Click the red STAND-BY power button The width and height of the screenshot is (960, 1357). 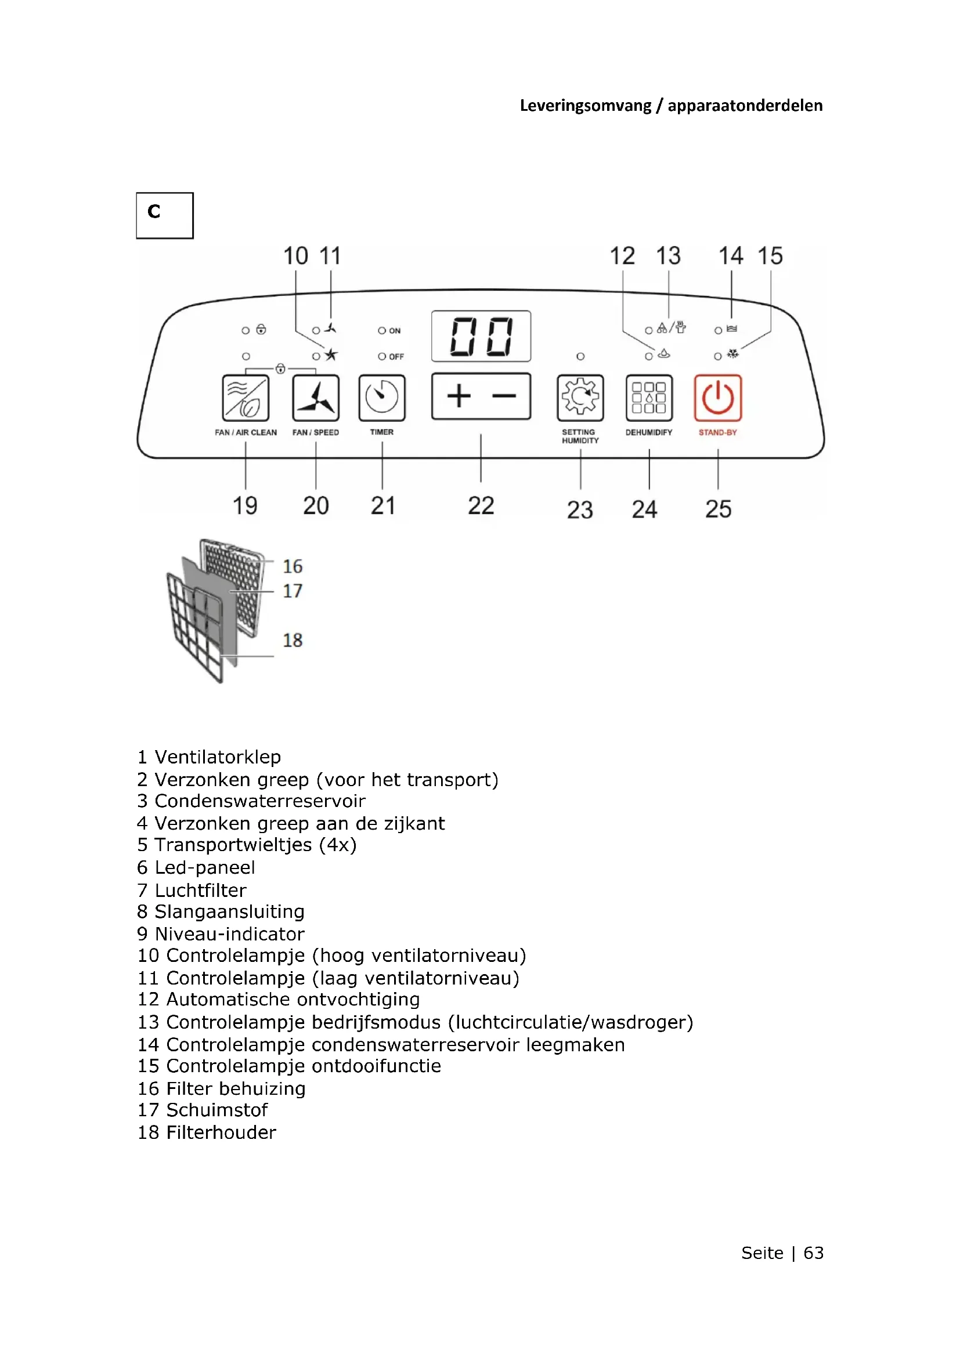[717, 397]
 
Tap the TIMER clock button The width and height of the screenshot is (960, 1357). [382, 397]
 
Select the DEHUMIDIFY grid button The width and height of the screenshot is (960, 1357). [649, 397]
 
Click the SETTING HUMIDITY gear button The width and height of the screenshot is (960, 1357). [580, 397]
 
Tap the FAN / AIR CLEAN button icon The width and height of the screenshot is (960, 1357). [246, 397]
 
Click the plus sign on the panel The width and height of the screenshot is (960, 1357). [459, 396]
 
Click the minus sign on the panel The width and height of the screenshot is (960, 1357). [504, 396]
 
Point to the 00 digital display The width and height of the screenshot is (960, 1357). [481, 336]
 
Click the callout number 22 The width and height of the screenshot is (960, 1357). [481, 506]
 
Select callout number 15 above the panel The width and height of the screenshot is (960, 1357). [770, 256]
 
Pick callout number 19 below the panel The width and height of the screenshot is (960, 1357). [245, 506]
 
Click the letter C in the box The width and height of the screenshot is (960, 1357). [154, 211]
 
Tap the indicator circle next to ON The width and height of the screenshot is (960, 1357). [382, 331]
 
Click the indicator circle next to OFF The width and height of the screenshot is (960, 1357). [382, 356]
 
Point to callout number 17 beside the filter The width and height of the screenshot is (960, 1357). [292, 591]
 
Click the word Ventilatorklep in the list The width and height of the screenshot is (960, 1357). [218, 757]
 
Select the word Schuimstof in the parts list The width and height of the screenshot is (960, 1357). [217, 1110]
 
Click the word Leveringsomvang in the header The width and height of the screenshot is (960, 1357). [585, 106]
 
